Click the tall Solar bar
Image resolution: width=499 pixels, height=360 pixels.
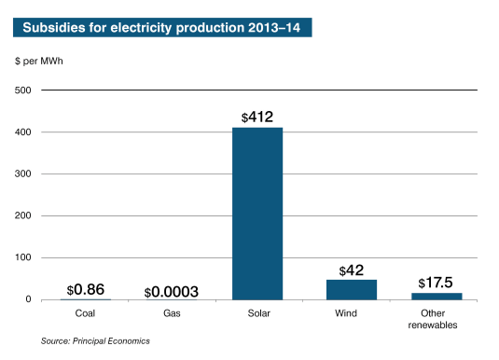[257, 214]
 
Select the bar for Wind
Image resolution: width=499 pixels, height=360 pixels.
[352, 289]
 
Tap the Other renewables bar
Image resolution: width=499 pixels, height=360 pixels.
[437, 296]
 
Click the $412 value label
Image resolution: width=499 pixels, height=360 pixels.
[257, 118]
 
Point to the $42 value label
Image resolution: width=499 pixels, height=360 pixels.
[352, 270]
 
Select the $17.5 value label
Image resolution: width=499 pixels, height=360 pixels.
[437, 283]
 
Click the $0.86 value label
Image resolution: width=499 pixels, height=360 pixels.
[86, 289]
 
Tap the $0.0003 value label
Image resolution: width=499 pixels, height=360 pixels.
[172, 292]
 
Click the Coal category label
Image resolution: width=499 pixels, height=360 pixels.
[85, 314]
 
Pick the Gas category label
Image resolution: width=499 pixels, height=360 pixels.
[172, 314]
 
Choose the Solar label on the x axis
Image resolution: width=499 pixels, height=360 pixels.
[257, 314]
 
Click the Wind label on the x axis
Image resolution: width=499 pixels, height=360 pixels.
[345, 314]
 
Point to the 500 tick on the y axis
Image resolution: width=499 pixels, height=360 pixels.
[24, 90]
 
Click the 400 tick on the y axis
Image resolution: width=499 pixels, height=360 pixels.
[24, 132]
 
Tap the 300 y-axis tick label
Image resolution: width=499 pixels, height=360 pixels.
[24, 174]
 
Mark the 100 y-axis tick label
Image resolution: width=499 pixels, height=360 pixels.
[24, 257]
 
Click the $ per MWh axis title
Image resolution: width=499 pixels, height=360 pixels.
[38, 62]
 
